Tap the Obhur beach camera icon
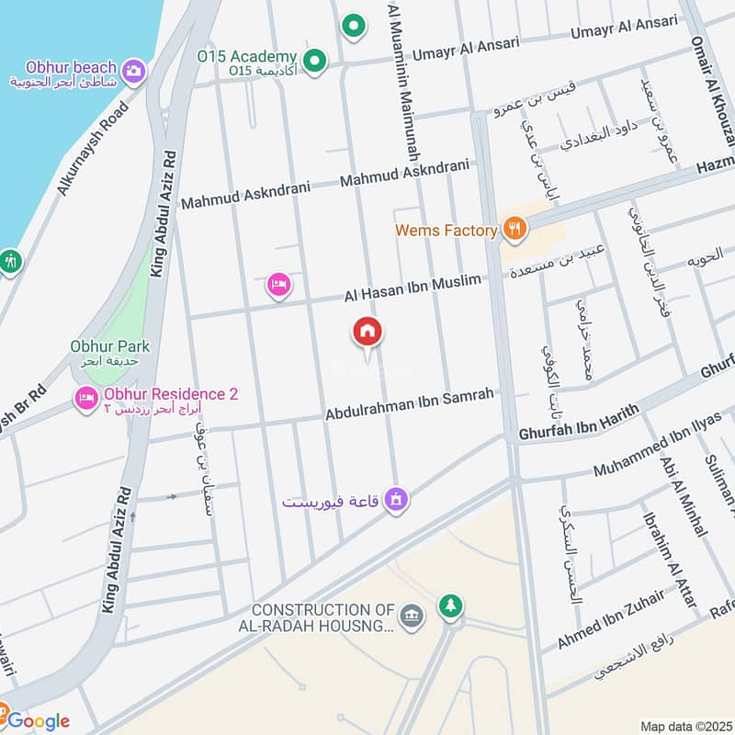click(x=133, y=71)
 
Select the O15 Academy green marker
click(x=315, y=62)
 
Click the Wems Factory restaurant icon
click(x=514, y=230)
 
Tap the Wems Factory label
click(x=446, y=231)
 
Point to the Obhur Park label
click(x=110, y=346)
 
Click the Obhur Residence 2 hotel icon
click(x=86, y=399)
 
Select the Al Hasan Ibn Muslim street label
click(x=413, y=288)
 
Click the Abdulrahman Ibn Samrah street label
click(x=410, y=404)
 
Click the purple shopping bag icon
click(x=396, y=500)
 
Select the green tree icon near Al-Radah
click(x=450, y=605)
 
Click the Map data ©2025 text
click(x=685, y=726)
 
